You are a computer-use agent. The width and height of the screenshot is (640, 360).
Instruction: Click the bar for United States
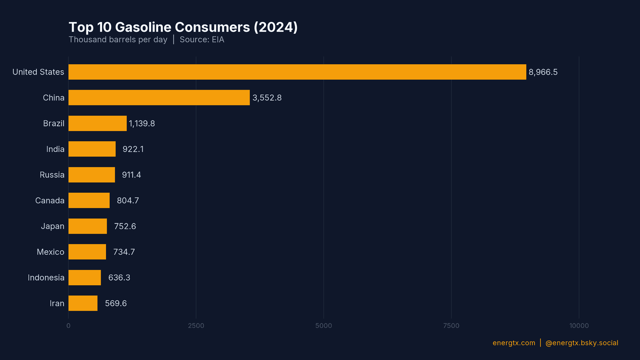click(x=297, y=72)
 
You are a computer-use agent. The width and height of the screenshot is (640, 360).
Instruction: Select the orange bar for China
click(x=159, y=98)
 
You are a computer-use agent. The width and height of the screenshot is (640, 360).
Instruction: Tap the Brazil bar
click(x=97, y=123)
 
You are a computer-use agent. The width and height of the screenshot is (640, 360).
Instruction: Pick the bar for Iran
click(x=83, y=303)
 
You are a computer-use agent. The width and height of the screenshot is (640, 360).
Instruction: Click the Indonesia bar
click(x=85, y=278)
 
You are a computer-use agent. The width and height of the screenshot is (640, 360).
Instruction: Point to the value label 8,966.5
click(x=543, y=72)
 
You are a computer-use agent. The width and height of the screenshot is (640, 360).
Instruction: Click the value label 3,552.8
click(x=267, y=98)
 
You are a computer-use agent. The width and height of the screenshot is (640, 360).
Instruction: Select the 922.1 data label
click(x=133, y=149)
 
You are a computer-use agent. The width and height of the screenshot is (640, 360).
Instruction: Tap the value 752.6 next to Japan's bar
click(x=125, y=226)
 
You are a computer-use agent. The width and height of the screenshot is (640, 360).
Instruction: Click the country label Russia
click(x=52, y=175)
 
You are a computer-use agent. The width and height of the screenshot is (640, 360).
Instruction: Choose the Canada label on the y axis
click(x=50, y=201)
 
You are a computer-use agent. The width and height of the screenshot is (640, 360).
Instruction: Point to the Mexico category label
click(x=50, y=252)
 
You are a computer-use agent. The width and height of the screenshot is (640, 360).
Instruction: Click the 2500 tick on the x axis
click(x=196, y=326)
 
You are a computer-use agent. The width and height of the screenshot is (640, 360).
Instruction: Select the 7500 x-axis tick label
click(x=451, y=326)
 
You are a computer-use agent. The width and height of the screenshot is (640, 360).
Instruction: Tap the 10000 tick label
click(x=579, y=326)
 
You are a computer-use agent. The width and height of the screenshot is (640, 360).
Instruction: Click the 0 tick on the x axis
click(x=68, y=326)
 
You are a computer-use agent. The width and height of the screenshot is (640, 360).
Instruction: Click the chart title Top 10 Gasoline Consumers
click(x=183, y=27)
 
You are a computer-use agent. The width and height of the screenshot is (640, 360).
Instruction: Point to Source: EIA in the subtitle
click(x=202, y=40)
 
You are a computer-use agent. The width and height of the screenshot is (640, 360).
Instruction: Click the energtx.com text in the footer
click(x=514, y=343)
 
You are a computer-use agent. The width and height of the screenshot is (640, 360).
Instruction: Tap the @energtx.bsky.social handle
click(x=582, y=343)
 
